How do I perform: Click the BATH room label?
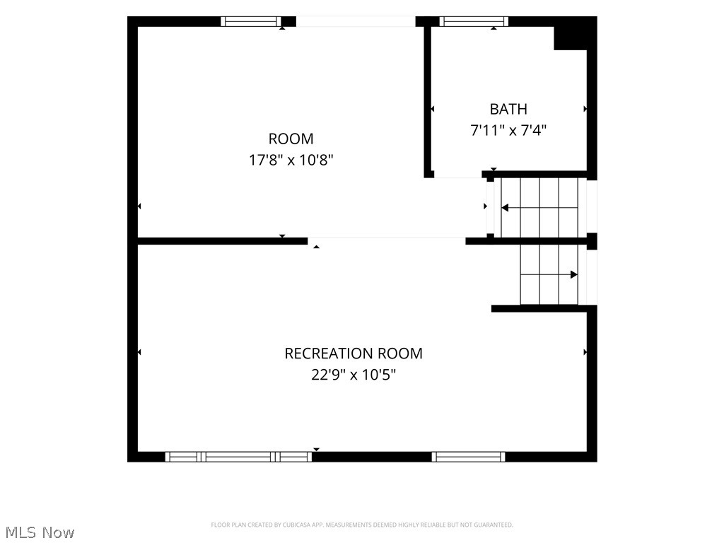coord(508,109)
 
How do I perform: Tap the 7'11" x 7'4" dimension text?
coord(508,130)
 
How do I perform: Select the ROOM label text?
coord(291,139)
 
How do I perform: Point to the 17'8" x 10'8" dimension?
coord(291,160)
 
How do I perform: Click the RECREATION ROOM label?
coord(354,354)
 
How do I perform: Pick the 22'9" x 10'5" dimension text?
coord(354,375)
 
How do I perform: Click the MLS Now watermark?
coord(40,532)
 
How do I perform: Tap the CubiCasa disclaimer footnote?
coord(362,525)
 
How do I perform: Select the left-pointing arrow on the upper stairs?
coord(539,208)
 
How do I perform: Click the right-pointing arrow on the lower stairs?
coord(549,275)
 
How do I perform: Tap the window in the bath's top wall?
coord(474,21)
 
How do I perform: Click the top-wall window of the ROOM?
coord(251,21)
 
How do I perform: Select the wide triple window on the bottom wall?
coord(238,457)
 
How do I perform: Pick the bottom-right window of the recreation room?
coord(468,457)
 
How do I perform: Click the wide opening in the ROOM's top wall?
coord(356,21)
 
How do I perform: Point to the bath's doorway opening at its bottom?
coord(458,174)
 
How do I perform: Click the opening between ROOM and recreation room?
coord(387,240)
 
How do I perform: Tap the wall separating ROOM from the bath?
coord(428,102)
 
